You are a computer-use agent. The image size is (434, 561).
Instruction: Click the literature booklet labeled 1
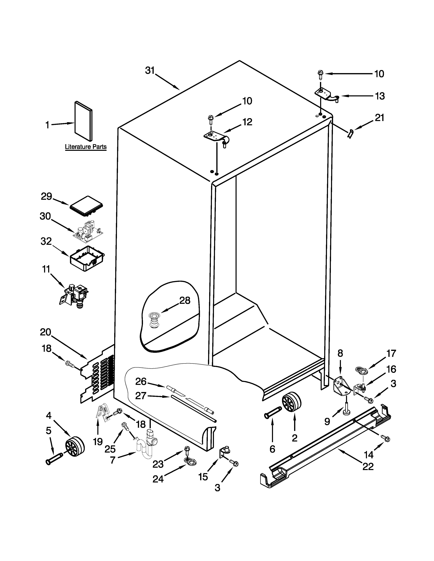click(x=83, y=121)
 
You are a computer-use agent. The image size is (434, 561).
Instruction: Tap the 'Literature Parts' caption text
click(x=86, y=147)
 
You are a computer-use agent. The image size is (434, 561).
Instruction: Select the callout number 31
click(x=150, y=70)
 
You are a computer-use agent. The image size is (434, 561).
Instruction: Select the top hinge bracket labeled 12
click(x=215, y=137)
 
